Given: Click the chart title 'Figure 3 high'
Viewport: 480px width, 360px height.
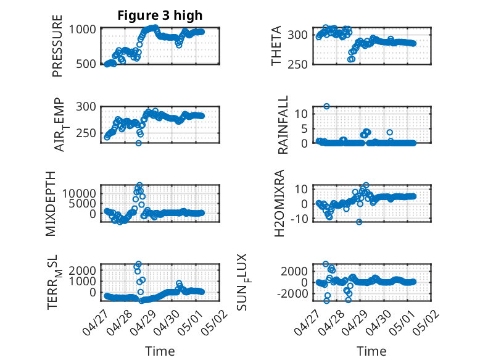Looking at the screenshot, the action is [x=160, y=15].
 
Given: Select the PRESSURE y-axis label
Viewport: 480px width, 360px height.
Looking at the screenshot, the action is [x=57, y=46].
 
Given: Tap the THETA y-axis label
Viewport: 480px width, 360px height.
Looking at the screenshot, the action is [x=276, y=46].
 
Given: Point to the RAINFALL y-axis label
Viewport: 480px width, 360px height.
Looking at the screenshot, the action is [x=283, y=124].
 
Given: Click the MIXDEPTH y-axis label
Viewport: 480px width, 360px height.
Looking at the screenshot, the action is [x=51, y=203].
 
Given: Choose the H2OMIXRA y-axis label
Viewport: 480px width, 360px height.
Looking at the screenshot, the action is [x=279, y=203].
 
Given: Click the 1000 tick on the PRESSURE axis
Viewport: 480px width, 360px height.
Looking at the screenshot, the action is [x=82, y=30].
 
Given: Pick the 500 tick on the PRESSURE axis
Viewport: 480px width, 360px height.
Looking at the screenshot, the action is [x=85, y=64].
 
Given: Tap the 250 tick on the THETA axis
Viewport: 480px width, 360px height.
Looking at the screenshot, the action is [x=297, y=64].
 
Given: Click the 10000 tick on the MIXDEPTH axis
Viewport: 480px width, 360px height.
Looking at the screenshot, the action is [x=79, y=193].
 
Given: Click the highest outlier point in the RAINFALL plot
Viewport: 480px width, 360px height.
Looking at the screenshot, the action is [x=326, y=106].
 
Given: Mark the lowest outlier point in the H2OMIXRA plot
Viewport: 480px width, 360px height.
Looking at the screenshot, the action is [x=359, y=222].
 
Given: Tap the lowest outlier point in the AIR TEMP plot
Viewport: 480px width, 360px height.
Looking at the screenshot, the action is [x=139, y=143].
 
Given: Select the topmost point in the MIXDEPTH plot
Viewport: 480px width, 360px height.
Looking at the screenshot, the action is [x=139, y=185].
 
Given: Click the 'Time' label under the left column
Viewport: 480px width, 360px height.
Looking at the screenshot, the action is [x=160, y=351].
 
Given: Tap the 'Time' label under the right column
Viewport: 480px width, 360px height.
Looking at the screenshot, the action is [x=371, y=351].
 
